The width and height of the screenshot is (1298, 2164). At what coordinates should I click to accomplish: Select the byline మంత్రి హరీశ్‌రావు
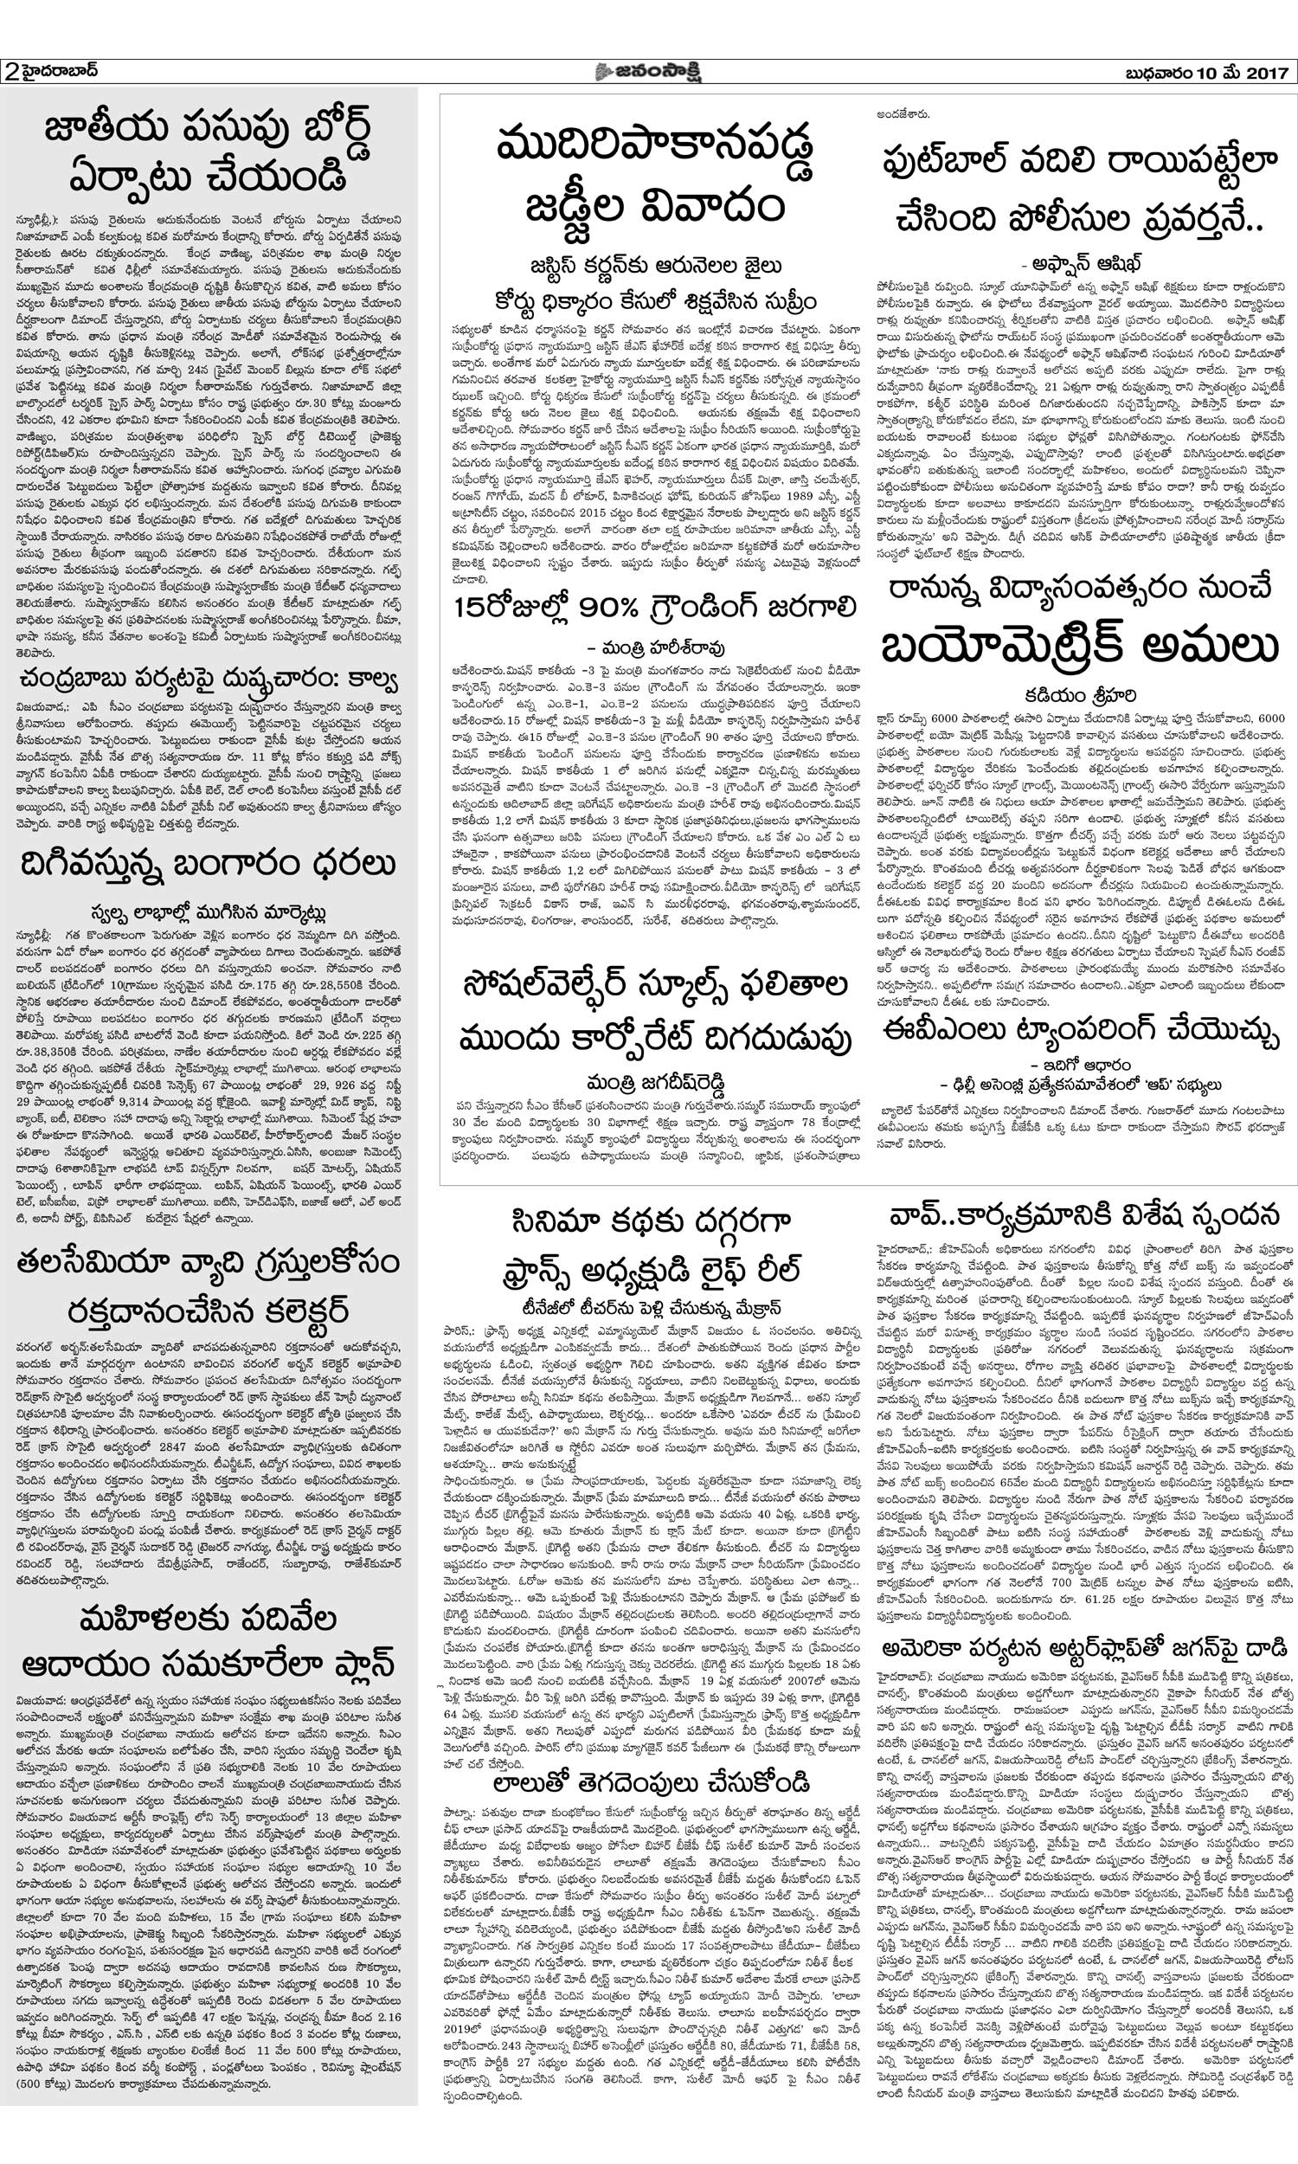pos(653,648)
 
